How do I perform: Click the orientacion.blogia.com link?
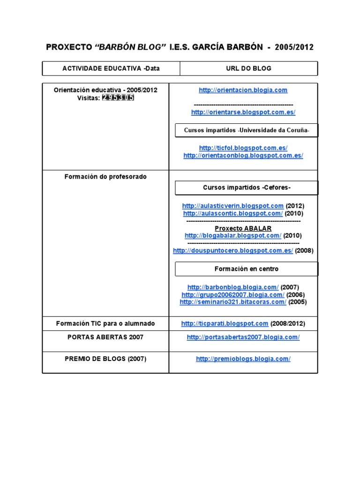coord(243,90)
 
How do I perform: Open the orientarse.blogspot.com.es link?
coord(243,112)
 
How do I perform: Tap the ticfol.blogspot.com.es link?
coord(243,148)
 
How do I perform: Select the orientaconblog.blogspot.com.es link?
coord(243,156)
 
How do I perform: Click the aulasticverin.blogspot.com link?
coord(232,206)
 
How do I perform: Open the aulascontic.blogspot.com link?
coord(232,213)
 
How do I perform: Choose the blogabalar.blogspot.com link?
coord(232,236)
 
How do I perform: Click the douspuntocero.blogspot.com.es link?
coord(232,251)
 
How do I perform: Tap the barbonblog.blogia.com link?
coord(232,287)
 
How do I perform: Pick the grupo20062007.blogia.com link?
coord(232,295)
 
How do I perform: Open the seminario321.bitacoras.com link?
coord(232,302)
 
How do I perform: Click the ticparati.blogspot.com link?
coord(225,323)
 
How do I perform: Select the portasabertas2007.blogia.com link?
coord(243,337)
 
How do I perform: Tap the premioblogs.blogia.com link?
coord(243,359)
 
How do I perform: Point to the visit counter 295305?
coord(118,97)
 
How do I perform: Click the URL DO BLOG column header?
coord(248,68)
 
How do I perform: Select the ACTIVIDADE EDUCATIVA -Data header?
coord(111,68)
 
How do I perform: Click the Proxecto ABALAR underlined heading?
coord(243,228)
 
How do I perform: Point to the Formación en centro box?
coord(246,269)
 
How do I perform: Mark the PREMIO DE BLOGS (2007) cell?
coord(105,359)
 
